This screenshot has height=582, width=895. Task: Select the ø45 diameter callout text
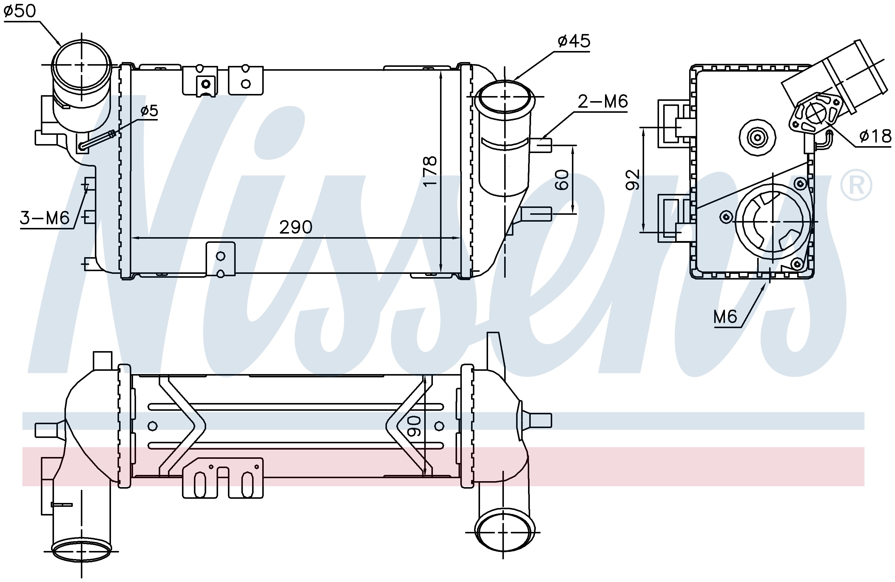pyautogui.click(x=574, y=41)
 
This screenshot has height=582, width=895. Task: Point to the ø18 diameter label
pyautogui.click(x=875, y=136)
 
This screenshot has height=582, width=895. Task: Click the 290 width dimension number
pyautogui.click(x=296, y=227)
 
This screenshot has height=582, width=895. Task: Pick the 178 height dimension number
pyautogui.click(x=430, y=171)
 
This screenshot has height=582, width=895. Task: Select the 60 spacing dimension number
pyautogui.click(x=562, y=180)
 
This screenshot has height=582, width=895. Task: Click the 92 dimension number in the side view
pyautogui.click(x=632, y=180)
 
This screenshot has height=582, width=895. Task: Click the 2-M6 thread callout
pyautogui.click(x=602, y=101)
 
